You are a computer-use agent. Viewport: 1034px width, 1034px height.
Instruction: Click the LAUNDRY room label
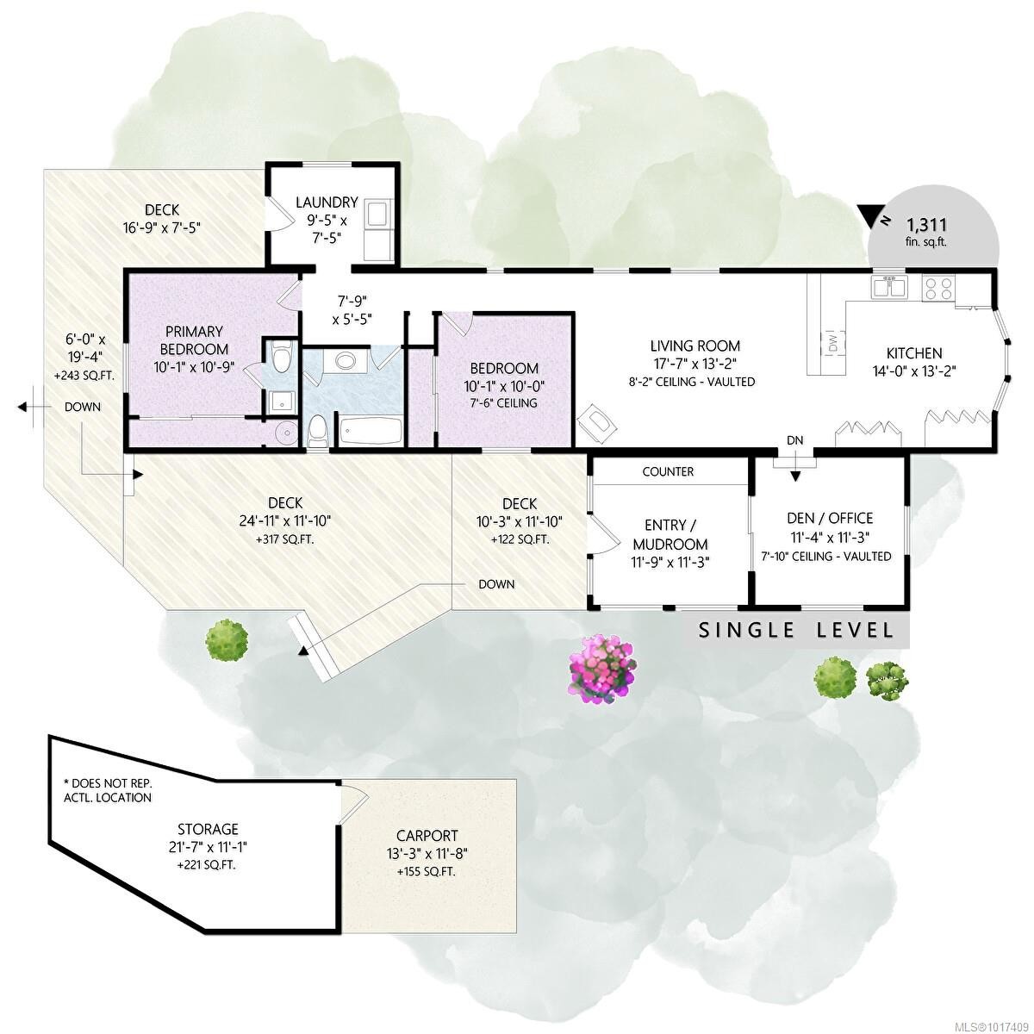tap(326, 202)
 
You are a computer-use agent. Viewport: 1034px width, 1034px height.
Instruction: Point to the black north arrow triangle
tap(872, 214)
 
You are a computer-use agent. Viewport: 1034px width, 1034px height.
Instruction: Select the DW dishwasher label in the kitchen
tap(833, 341)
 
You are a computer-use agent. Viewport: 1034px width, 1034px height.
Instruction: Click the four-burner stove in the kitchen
tap(938, 287)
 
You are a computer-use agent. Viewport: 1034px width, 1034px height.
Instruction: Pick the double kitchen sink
tap(888, 287)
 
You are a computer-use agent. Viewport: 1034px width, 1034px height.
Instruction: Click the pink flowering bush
tap(605, 669)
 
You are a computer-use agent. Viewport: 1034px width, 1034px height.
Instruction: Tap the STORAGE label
tap(203, 829)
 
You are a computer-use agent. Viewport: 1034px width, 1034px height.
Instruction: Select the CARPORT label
tap(427, 835)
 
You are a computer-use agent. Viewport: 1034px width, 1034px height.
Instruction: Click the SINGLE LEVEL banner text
tap(796, 630)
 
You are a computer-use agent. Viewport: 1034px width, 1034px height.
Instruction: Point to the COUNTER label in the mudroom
tap(668, 471)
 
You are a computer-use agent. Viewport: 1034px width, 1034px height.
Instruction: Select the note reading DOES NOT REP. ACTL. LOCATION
tap(108, 790)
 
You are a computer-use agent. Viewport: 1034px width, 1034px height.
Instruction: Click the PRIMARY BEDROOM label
tap(195, 339)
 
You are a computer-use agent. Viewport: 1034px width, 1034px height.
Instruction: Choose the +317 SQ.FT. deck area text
tap(285, 539)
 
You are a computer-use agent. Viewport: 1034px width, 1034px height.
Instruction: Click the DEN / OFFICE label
tap(830, 518)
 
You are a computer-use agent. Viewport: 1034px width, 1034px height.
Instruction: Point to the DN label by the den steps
tap(794, 440)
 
